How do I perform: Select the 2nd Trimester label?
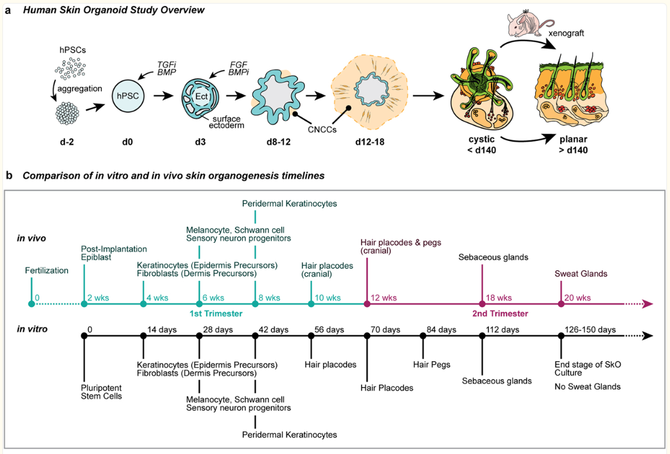point(500,314)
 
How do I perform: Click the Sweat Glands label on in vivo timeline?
point(581,274)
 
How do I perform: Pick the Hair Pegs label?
point(431,364)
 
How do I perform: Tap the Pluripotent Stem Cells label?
point(102,391)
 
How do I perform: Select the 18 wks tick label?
point(499,297)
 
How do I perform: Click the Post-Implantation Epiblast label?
point(114,254)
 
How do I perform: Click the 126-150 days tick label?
point(590,329)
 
